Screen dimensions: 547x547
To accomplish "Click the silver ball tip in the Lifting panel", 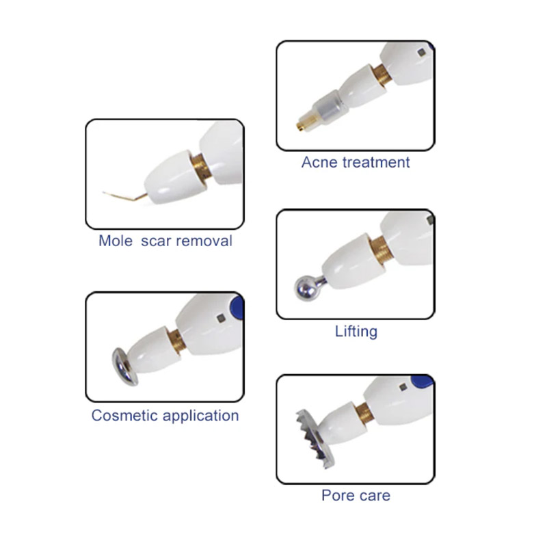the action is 307,288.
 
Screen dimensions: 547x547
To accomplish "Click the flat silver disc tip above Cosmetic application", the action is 124,366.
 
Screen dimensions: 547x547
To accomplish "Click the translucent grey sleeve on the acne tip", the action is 330,107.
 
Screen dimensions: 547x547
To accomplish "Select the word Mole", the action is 116,241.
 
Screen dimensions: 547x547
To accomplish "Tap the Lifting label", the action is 356,332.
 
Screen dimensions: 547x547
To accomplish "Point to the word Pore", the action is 336,495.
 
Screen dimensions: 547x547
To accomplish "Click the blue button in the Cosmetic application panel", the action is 237,307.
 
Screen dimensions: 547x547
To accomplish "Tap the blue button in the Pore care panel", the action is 421,382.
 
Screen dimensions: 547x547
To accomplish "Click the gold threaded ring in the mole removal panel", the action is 200,167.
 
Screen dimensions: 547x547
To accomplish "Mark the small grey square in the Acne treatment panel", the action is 421,53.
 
